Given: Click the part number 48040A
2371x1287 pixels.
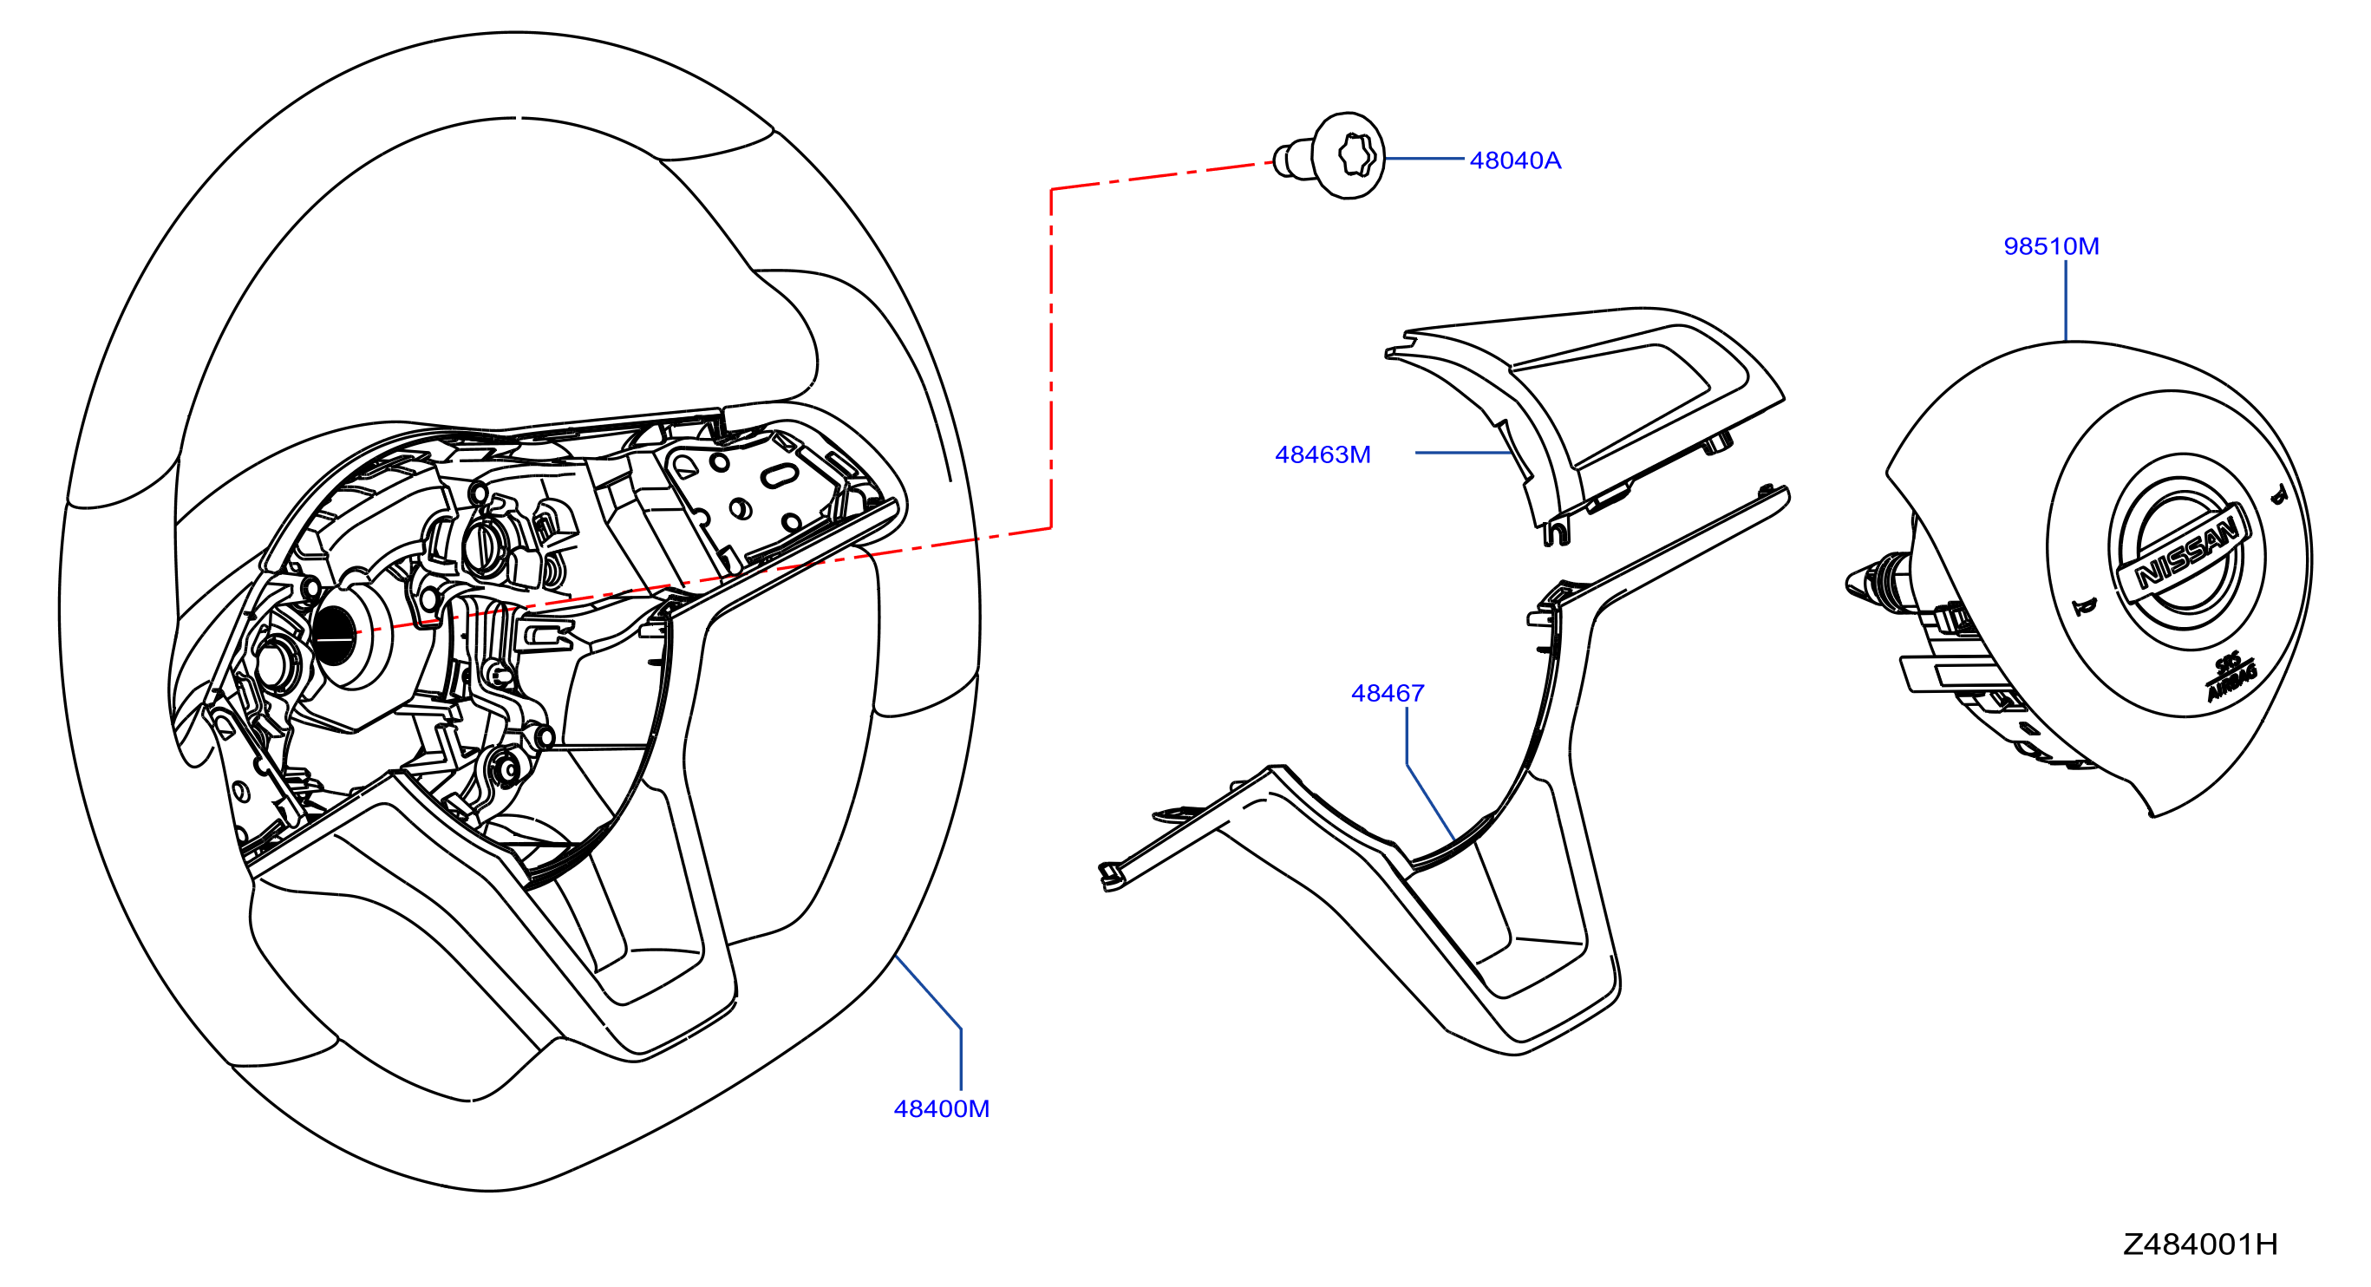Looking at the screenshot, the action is tap(1515, 160).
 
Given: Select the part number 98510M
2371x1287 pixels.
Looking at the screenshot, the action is tap(2051, 245).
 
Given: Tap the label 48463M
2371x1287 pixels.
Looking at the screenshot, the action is tap(1323, 454).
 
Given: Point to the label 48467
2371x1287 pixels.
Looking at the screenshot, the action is tap(1387, 692).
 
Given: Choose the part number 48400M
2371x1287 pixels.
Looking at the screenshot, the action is tap(942, 1108).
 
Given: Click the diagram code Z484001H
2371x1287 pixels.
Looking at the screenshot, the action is tap(2200, 1245).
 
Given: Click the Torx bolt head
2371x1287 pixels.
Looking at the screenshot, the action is tap(1349, 154).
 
